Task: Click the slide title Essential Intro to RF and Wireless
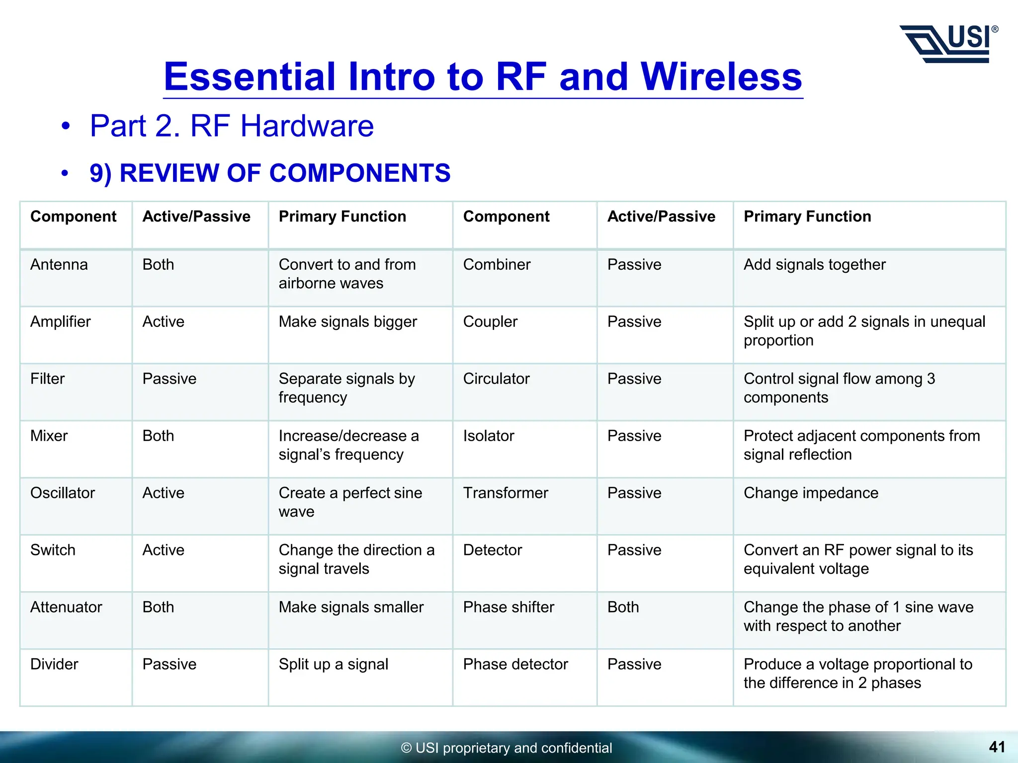click(x=483, y=77)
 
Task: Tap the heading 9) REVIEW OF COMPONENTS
click(x=270, y=173)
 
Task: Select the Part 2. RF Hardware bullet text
click(x=232, y=126)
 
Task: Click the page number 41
click(x=997, y=747)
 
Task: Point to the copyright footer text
click(x=507, y=748)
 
